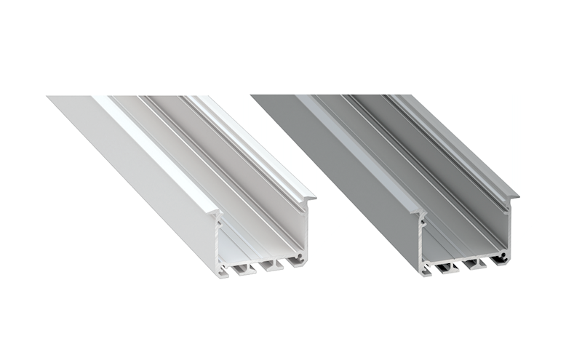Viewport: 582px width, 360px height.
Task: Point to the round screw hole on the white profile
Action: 298,258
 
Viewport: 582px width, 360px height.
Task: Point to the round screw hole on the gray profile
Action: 501,258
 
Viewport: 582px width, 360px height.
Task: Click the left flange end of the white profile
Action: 216,212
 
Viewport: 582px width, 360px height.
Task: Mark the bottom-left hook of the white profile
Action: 223,273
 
